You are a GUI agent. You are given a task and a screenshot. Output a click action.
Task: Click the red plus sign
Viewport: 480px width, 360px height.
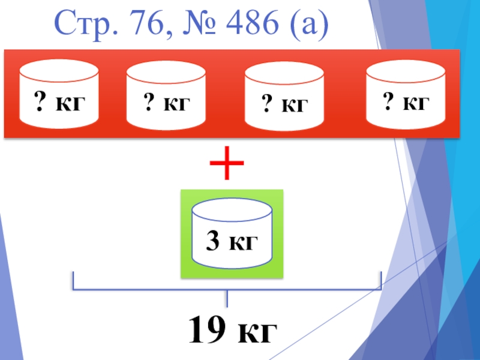228,165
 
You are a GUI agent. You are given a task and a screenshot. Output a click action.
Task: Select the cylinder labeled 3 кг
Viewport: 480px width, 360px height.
232,233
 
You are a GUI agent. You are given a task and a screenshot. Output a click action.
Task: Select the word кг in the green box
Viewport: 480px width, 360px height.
242,243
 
